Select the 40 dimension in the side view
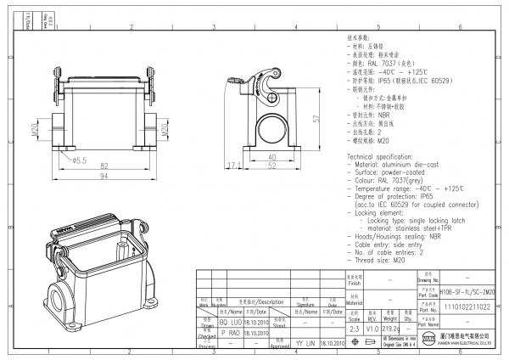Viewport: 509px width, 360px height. point(271,156)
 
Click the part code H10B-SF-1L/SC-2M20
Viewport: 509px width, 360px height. point(462,291)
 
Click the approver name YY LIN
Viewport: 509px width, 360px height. point(304,343)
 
